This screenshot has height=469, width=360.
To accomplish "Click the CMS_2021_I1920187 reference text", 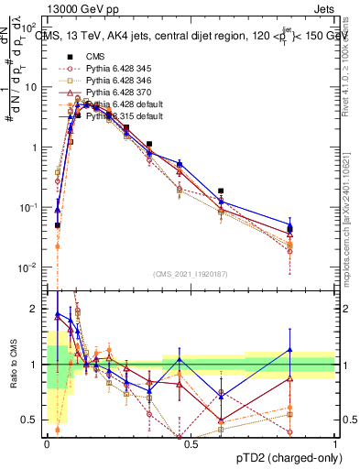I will coord(190,274).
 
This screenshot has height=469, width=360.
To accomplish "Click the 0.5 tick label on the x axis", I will coord(191,442).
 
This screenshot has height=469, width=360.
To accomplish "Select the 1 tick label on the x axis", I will coord(334,442).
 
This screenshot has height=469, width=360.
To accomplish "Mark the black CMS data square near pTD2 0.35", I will coord(148,144).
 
